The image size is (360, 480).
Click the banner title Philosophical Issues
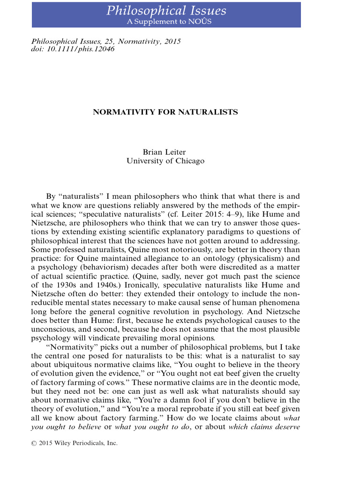point(166,11)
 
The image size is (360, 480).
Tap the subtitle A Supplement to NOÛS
point(166,22)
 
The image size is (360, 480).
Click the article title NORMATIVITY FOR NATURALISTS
point(165,112)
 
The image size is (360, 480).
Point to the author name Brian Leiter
point(165,152)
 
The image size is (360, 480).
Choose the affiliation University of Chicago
point(165,161)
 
